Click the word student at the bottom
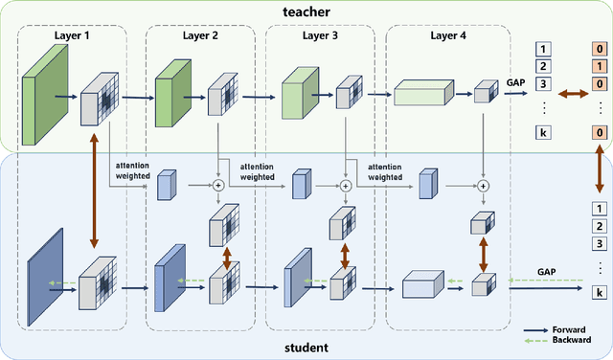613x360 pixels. point(306,348)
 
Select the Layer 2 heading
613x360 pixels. point(199,36)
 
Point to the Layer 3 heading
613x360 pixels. point(321,36)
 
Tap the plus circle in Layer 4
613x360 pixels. point(483,185)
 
